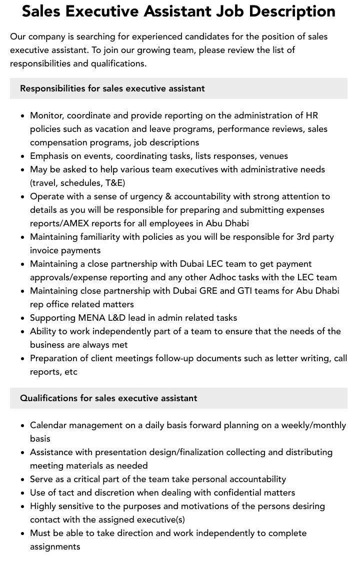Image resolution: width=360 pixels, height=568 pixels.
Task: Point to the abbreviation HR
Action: pos(311,115)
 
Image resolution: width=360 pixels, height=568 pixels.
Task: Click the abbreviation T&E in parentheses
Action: pos(114,183)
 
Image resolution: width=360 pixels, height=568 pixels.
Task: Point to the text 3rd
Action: pos(303,237)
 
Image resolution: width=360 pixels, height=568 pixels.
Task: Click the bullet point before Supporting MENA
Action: pos(23,318)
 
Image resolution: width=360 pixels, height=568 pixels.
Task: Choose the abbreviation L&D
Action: pos(118,318)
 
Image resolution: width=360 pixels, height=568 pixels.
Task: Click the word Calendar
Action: pos(48,425)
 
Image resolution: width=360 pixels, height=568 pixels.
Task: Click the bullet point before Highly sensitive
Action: pos(23,507)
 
